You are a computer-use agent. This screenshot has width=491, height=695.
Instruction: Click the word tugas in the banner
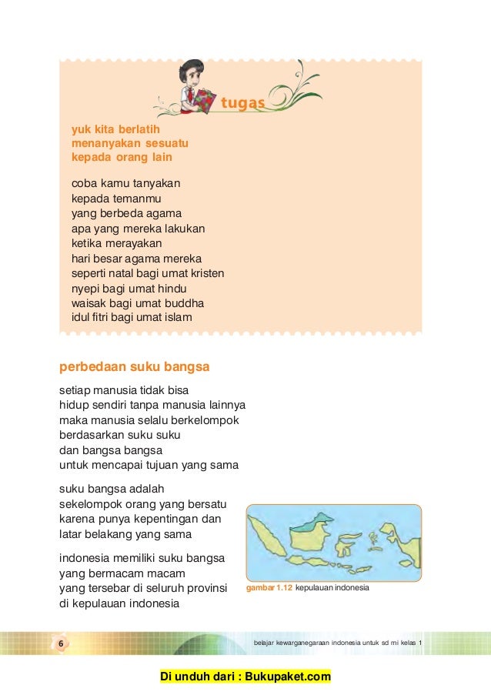242,103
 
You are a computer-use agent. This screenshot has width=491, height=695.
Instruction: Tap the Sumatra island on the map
272,538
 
